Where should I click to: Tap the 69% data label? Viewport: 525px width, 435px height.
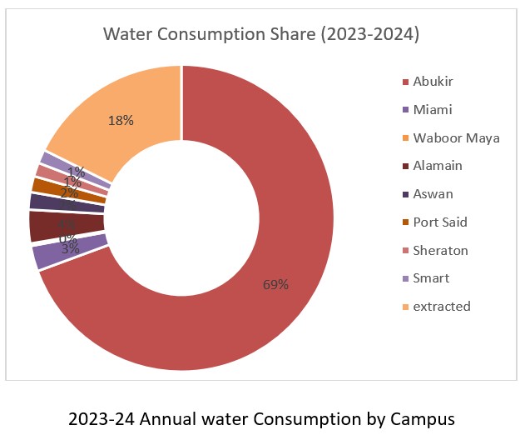click(275, 284)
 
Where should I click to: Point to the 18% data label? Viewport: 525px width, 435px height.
click(121, 120)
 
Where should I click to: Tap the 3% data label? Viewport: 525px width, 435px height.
click(70, 248)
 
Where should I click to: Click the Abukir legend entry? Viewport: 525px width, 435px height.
click(432, 81)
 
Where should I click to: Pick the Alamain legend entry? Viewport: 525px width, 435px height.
click(436, 166)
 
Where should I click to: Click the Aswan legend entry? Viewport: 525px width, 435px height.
click(432, 194)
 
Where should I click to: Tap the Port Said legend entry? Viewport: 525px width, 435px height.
click(438, 222)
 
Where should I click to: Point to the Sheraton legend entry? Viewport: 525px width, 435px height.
click(438, 250)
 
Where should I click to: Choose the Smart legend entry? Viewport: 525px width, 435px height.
click(431, 278)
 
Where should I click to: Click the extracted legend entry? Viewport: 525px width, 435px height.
click(440, 307)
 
